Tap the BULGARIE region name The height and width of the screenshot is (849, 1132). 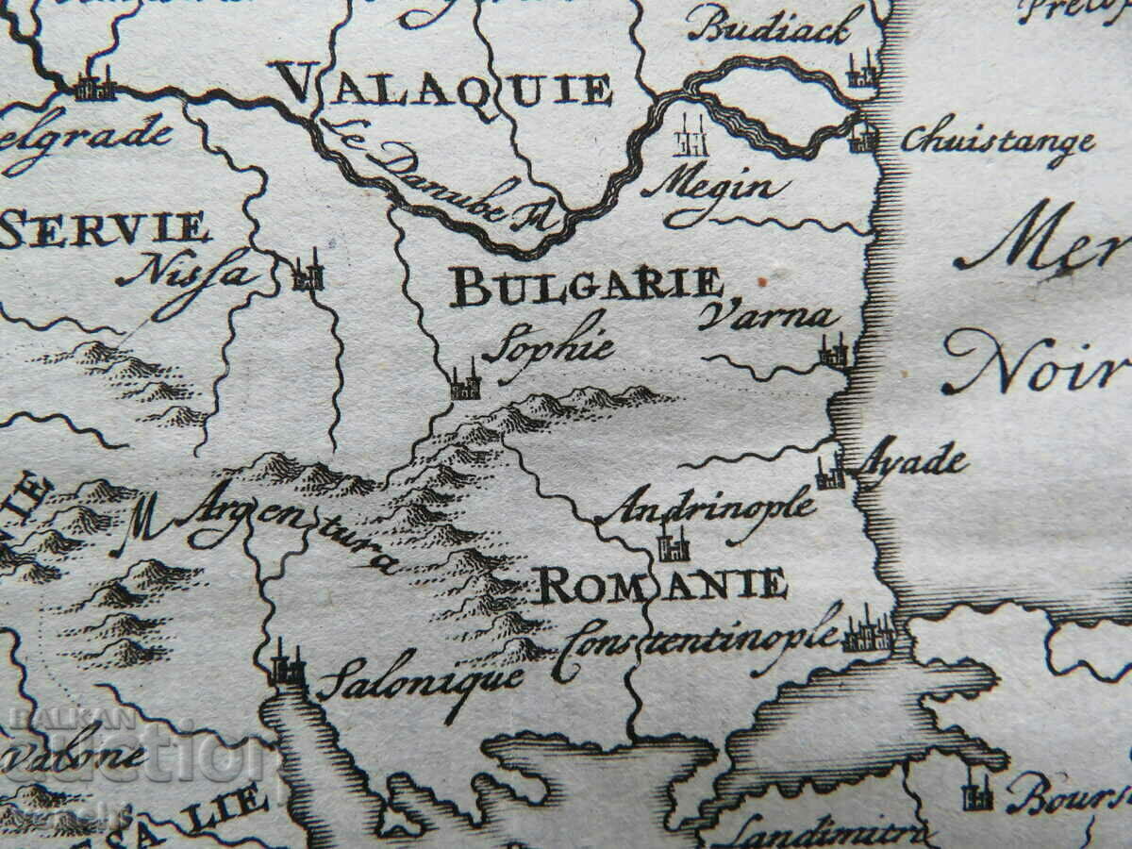[x=585, y=286]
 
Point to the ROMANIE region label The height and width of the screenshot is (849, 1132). [x=660, y=585]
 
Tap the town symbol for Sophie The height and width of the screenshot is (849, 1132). [x=463, y=382]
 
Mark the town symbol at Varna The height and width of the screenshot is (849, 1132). [x=833, y=353]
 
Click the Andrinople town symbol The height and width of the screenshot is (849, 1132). [x=674, y=544]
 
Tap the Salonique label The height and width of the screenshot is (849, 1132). [x=420, y=681]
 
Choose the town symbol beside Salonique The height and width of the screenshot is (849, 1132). [x=286, y=668]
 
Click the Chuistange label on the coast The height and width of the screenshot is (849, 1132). [x=997, y=142]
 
